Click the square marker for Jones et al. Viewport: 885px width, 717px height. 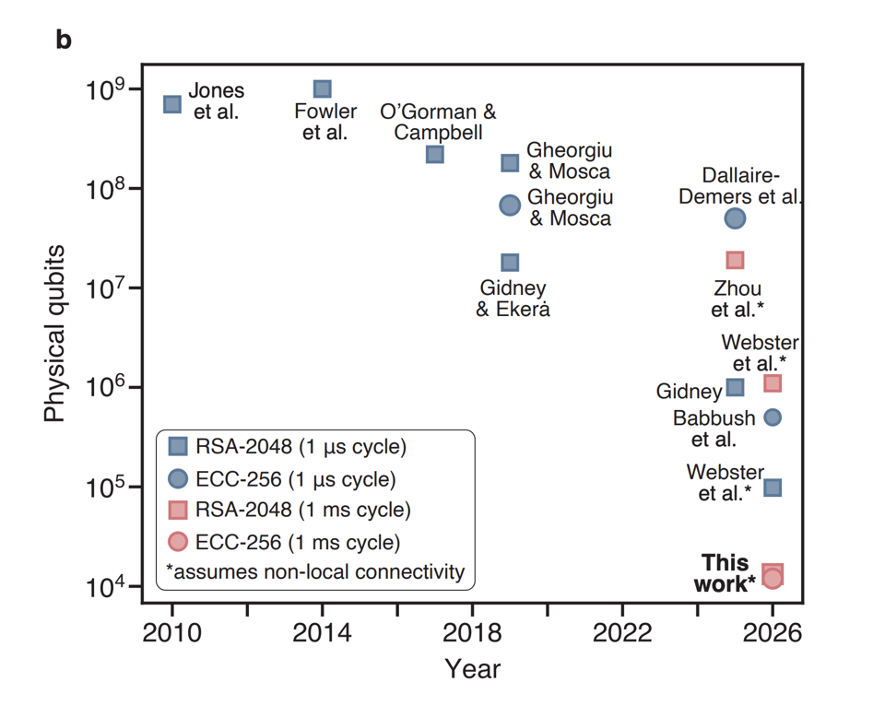coord(172,104)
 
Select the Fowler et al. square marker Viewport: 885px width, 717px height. coord(322,89)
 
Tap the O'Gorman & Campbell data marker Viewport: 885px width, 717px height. coord(435,154)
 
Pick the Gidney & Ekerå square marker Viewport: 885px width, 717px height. coord(510,263)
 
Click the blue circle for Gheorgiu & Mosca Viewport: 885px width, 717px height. coord(510,205)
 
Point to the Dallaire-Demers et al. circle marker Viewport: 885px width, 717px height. coord(735,218)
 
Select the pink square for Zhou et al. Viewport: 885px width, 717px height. coord(735,261)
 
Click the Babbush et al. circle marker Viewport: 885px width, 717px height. coord(773,417)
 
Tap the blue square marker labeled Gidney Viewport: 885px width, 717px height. coord(735,387)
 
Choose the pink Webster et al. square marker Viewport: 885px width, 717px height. coord(773,382)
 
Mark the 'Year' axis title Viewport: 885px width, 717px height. coord(472,668)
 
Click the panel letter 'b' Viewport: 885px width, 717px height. coord(64,41)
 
